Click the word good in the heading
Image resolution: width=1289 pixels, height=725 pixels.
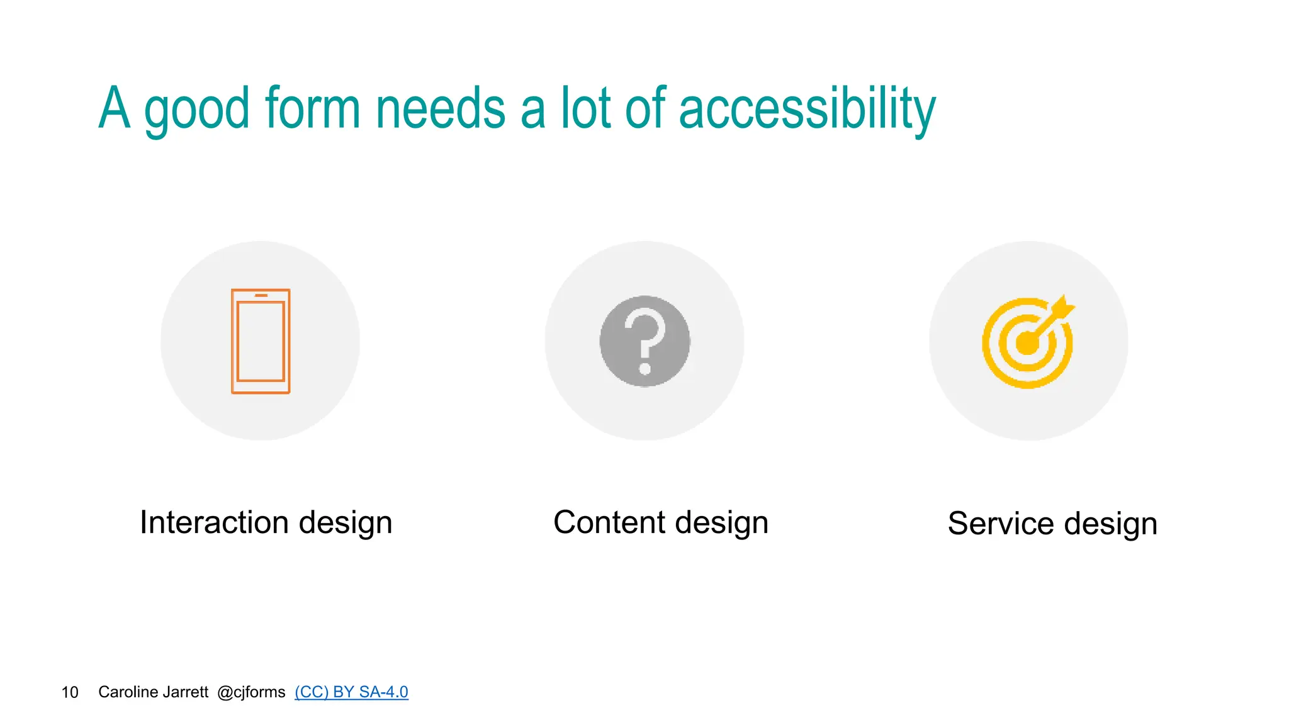(197, 111)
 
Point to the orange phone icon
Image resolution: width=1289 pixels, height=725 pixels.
(261, 341)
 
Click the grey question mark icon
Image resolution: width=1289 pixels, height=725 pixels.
(644, 341)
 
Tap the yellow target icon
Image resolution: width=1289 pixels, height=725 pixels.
(1027, 343)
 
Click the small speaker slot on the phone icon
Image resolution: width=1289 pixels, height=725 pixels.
(261, 295)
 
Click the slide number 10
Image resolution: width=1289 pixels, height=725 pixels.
(70, 692)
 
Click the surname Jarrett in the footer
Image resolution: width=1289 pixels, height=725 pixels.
(186, 692)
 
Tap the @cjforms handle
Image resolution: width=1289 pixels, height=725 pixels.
(251, 692)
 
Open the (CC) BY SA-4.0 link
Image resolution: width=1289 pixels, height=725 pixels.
(351, 692)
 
